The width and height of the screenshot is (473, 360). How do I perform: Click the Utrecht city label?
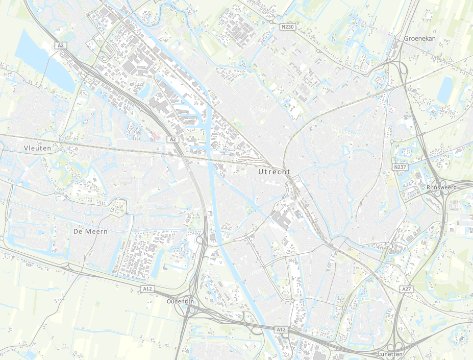point(274,172)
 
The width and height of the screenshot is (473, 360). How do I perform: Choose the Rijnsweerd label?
point(442,187)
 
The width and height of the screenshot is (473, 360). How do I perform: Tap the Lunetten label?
point(391,354)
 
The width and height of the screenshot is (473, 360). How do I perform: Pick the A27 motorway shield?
point(406,289)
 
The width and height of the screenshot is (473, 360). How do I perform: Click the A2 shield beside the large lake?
point(61,45)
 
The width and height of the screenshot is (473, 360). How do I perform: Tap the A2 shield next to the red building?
point(172,139)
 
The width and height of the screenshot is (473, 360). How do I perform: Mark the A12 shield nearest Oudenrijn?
point(147,289)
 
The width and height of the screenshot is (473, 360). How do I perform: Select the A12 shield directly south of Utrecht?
point(281,330)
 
